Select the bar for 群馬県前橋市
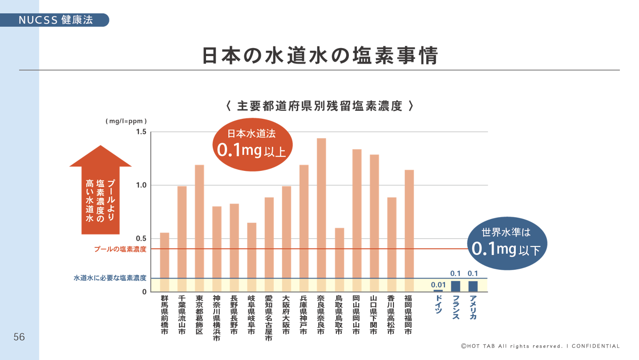[164, 262]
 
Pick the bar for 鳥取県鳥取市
[339, 260]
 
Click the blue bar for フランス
[456, 286]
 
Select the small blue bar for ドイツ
[438, 291]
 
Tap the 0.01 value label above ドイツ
[438, 285]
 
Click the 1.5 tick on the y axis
[141, 132]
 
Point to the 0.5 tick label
[141, 239]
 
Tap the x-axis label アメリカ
[473, 307]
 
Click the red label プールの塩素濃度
[120, 249]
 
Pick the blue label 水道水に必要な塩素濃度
[110, 278]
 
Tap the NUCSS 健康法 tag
[56, 20]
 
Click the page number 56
[19, 337]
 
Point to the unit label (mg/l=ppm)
[126, 121]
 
